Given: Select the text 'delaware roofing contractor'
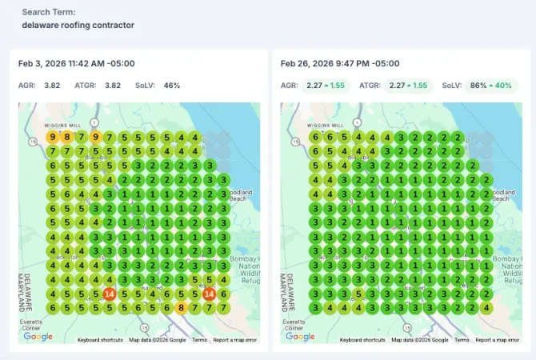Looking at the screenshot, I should tap(78, 25).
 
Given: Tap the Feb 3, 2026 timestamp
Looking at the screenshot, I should tap(77, 63).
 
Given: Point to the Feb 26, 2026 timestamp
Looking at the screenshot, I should tap(339, 63).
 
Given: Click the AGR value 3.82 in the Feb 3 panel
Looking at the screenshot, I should tap(53, 85).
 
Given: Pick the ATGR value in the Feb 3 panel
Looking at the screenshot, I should tap(113, 85).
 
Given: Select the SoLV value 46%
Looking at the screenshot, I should tap(172, 85).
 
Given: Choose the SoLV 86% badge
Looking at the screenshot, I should tap(477, 85).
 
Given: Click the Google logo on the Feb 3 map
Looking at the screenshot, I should tap(38, 337).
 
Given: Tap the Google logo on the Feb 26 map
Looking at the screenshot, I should tap(300, 337).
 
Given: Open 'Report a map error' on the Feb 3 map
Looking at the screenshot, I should tap(235, 340).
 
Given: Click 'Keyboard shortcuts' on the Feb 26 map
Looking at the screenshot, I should tap(362, 340).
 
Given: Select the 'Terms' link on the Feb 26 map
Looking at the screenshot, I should tap(462, 340).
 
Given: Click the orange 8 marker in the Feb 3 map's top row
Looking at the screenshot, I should tap(67, 138).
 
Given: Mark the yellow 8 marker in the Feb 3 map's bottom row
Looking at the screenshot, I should tap(182, 307).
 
